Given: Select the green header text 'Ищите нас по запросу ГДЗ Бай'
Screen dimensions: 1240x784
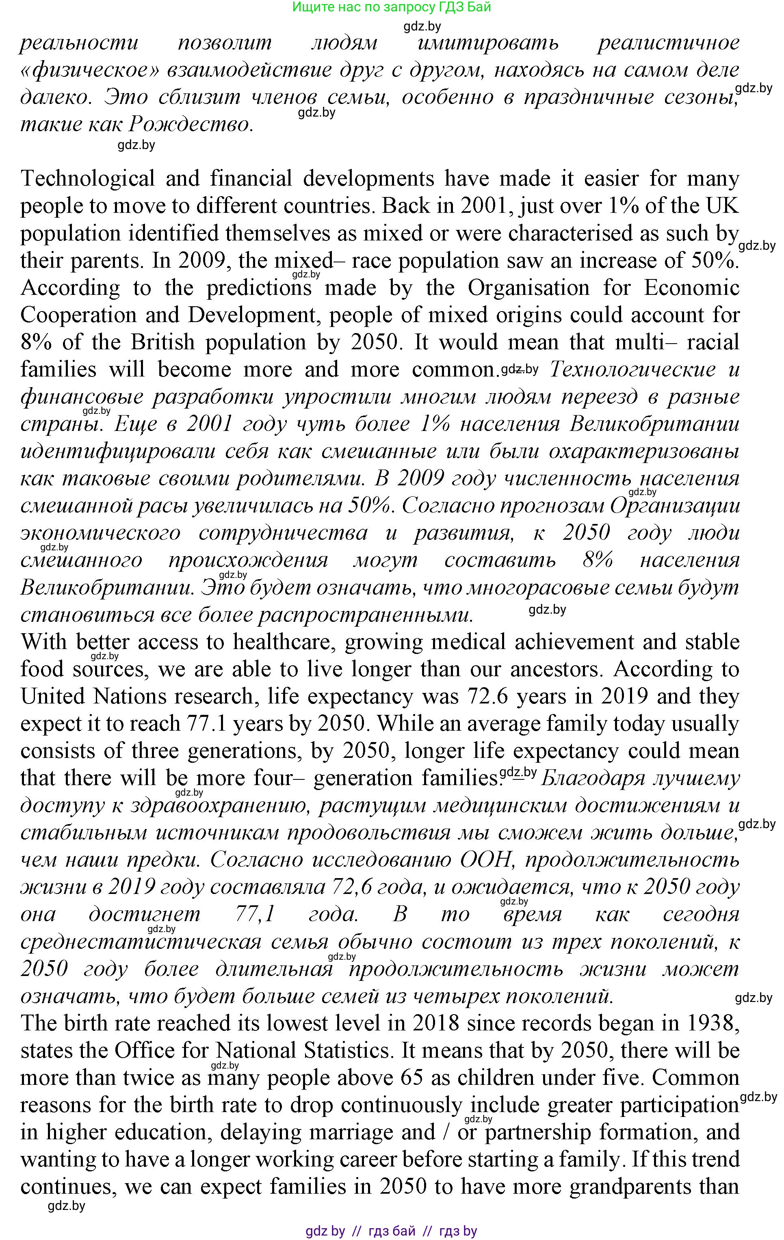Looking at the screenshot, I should click(392, 7).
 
